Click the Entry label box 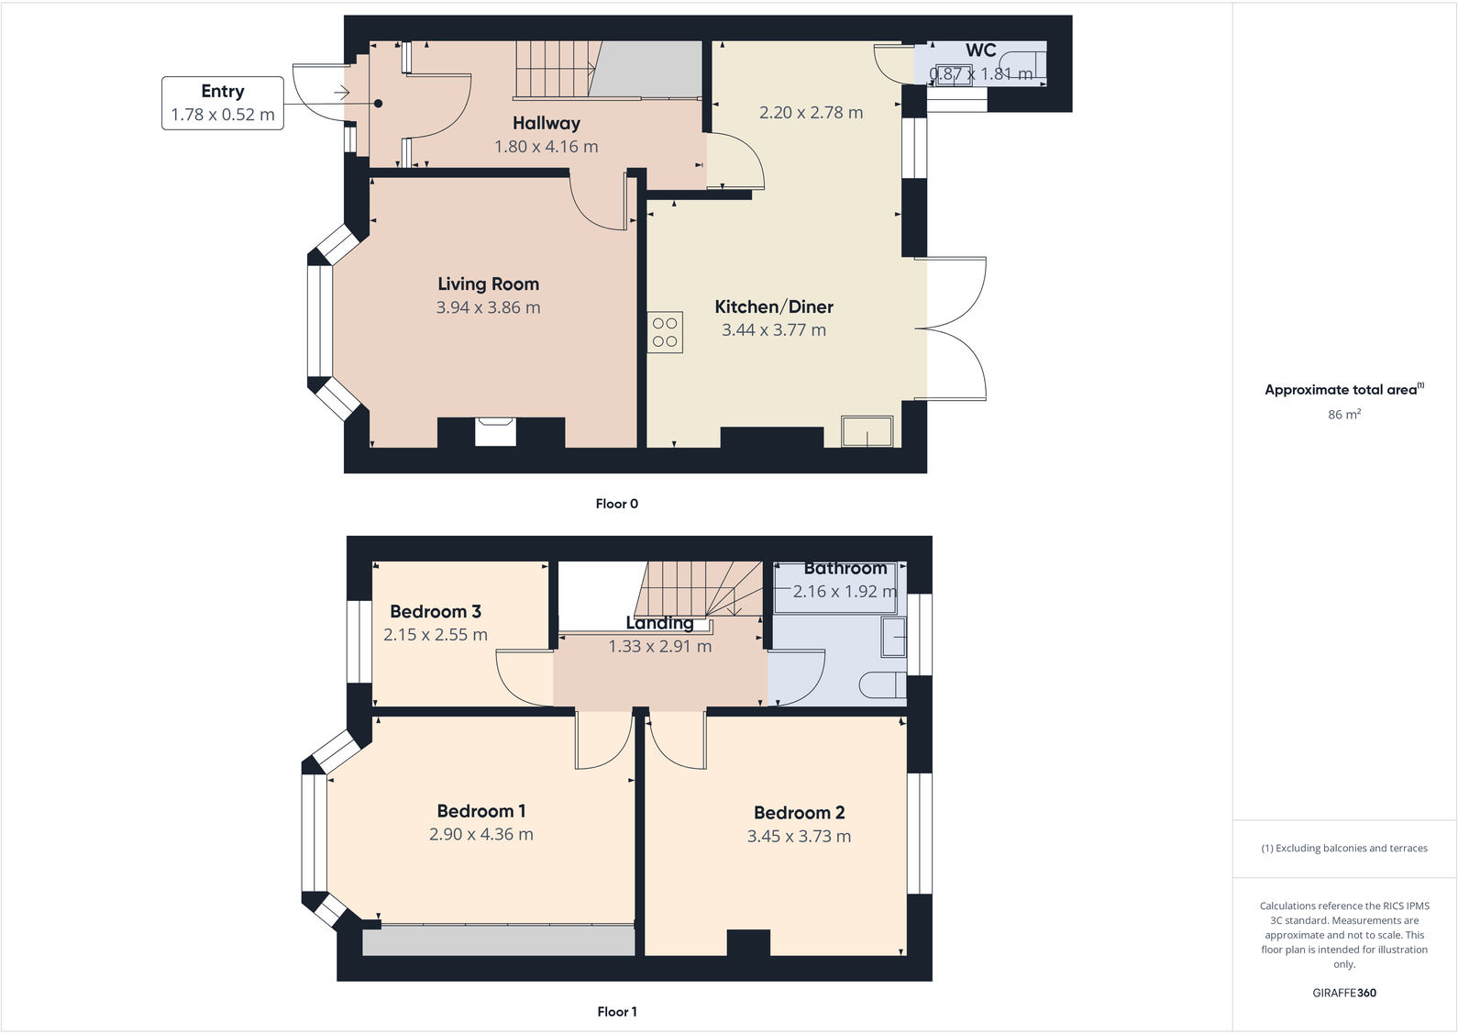223,103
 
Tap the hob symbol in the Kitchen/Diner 665,333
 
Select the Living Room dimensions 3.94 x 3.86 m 488,308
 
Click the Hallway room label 547,123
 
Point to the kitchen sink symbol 867,431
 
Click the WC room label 980,51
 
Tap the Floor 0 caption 616,504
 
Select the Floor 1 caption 616,1012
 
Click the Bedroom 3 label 436,612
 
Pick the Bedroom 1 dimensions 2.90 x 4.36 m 481,835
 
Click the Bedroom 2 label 799,813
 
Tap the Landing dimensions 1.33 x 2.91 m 659,647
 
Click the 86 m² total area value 1343,415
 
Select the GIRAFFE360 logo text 1343,993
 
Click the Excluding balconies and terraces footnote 1343,849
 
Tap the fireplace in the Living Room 495,431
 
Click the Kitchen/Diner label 774,307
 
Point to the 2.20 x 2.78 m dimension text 811,113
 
